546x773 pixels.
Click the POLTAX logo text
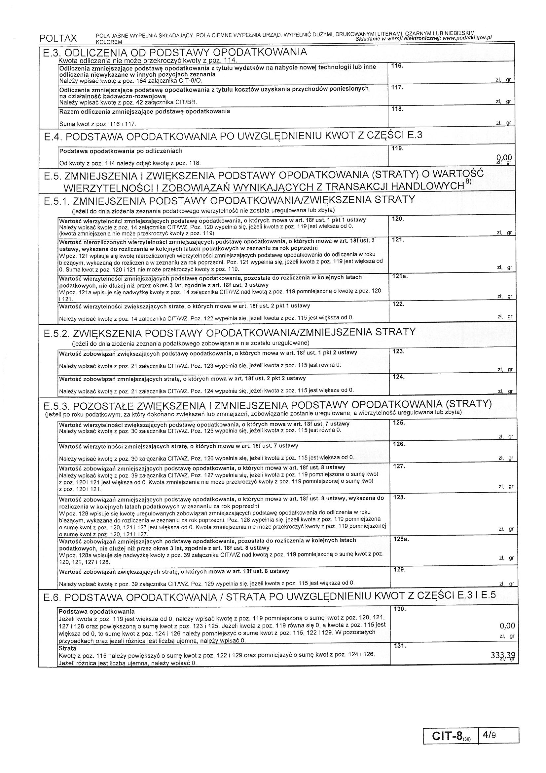[58, 38]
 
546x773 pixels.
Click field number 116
[397, 66]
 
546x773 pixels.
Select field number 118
[397, 109]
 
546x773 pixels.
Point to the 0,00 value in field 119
[504, 157]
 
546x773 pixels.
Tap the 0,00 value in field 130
[507, 626]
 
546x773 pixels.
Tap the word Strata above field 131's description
[67, 648]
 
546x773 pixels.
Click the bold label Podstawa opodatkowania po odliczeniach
[121, 151]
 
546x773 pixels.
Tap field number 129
[399, 570]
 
